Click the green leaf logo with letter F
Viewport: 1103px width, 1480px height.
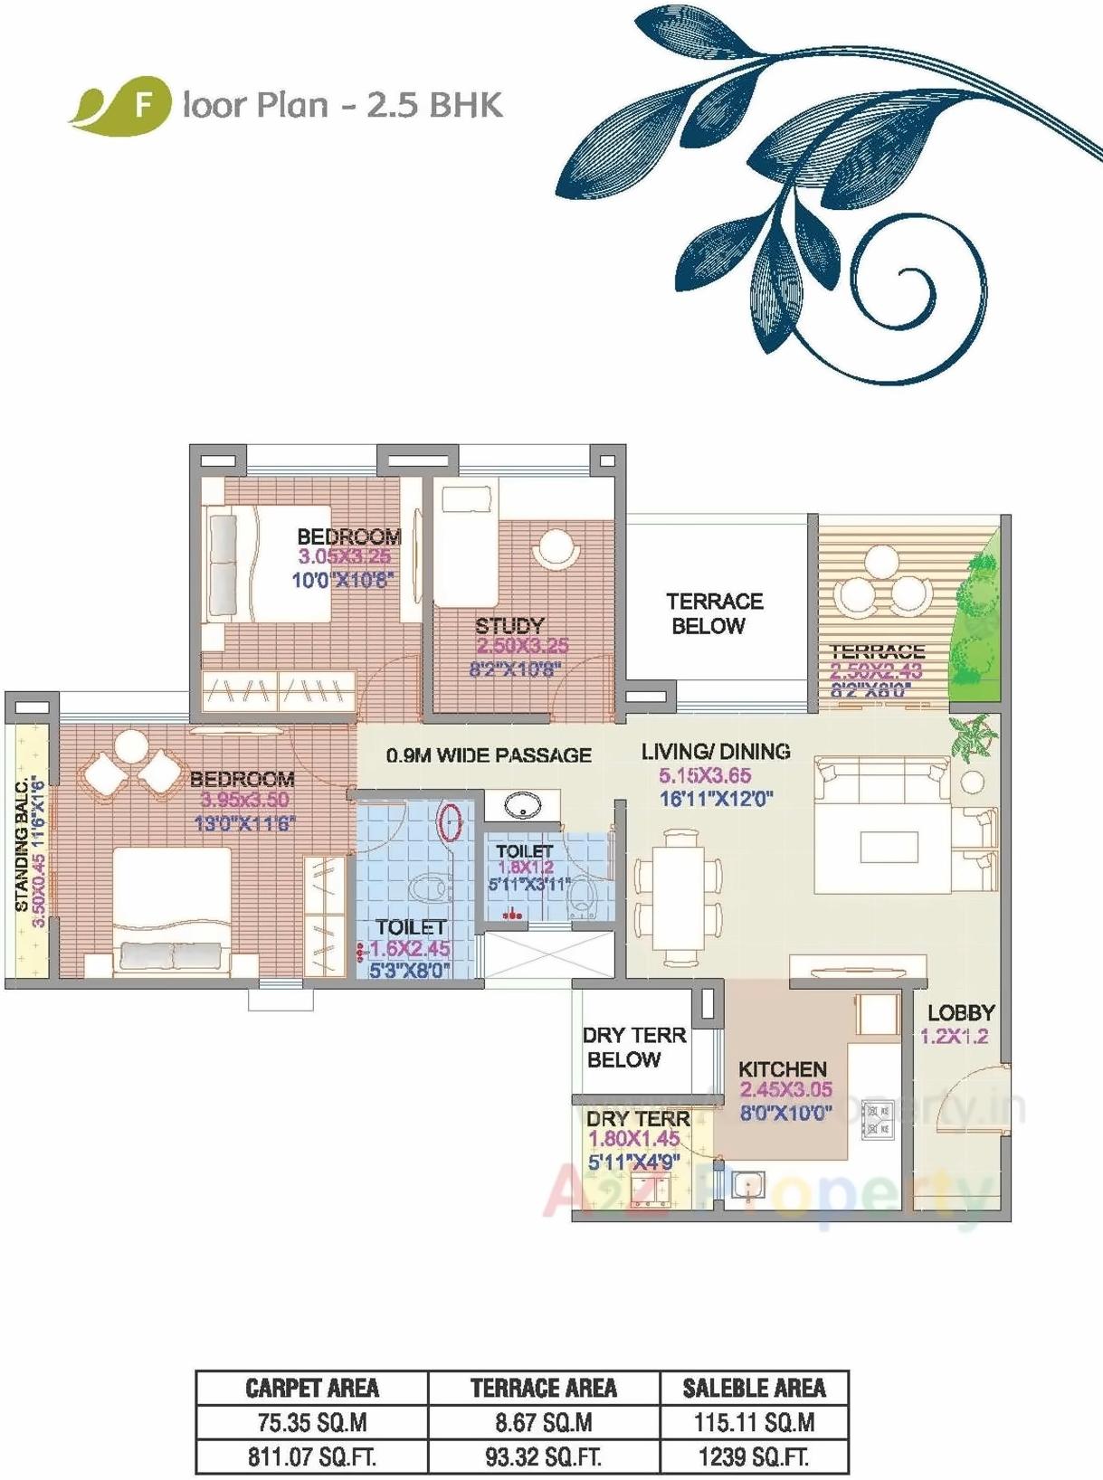[122, 104]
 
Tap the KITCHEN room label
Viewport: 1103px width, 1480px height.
[782, 1068]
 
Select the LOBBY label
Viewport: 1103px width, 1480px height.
[960, 1013]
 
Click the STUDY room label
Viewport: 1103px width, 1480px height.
[509, 625]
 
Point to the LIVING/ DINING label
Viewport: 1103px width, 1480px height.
[715, 751]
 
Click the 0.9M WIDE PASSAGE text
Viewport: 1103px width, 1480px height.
[489, 755]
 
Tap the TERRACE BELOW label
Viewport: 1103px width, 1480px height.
[713, 613]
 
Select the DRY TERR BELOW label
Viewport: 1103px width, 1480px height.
[633, 1047]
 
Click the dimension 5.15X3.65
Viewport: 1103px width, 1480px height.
[705, 775]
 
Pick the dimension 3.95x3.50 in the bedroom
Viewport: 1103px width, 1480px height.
[244, 800]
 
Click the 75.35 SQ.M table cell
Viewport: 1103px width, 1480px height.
[312, 1423]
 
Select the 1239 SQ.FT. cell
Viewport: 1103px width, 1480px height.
[754, 1457]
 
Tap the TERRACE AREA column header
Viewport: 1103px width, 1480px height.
[543, 1389]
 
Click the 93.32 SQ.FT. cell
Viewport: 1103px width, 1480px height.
[543, 1457]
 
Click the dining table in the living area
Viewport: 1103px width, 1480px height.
[679, 896]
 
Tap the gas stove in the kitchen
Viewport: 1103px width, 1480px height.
[878, 1119]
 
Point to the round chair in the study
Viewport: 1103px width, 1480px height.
[556, 548]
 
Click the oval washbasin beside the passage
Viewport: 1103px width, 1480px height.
[522, 803]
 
